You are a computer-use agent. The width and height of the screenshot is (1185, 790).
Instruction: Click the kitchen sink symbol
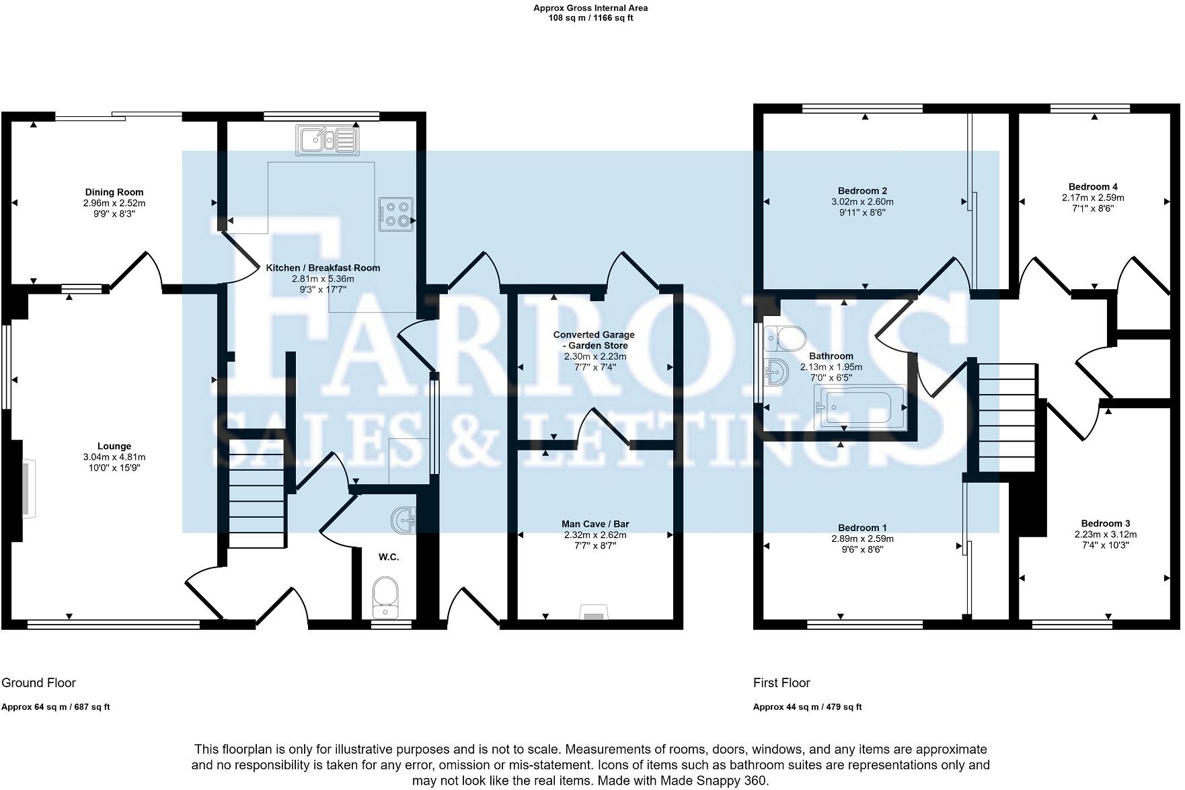pyautogui.click(x=327, y=140)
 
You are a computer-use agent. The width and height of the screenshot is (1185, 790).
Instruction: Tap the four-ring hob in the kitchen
pyautogui.click(x=396, y=214)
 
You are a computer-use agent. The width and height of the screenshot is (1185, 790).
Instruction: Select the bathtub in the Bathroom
pyautogui.click(x=860, y=407)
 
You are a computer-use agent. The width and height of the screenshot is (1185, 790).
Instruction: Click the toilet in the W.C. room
pyautogui.click(x=385, y=596)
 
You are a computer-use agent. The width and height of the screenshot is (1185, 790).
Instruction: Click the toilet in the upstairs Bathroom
pyautogui.click(x=784, y=338)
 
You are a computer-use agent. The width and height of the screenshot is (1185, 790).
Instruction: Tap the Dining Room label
pyautogui.click(x=114, y=192)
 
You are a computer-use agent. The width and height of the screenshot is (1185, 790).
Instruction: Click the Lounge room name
pyautogui.click(x=114, y=446)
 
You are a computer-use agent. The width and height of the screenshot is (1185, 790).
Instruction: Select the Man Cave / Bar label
pyautogui.click(x=595, y=524)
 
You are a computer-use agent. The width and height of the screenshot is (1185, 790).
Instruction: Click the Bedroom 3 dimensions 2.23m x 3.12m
pyautogui.click(x=1106, y=535)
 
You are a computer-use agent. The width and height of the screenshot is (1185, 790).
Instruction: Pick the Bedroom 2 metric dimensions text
pyautogui.click(x=862, y=202)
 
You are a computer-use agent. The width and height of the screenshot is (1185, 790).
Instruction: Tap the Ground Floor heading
pyautogui.click(x=38, y=683)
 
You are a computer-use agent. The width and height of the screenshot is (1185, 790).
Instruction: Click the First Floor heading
pyautogui.click(x=781, y=683)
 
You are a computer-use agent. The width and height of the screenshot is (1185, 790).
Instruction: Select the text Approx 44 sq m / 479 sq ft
pyautogui.click(x=807, y=707)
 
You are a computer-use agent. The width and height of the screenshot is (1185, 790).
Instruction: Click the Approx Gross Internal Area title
pyautogui.click(x=590, y=8)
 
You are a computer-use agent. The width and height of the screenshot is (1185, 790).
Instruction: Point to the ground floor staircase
pyautogui.click(x=257, y=494)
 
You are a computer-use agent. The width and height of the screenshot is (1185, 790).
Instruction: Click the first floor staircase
pyautogui.click(x=1006, y=418)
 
